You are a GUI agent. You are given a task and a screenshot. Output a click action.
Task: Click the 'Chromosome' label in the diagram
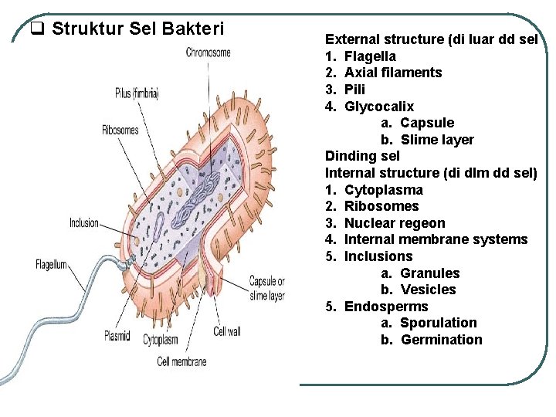pyautogui.click(x=208, y=53)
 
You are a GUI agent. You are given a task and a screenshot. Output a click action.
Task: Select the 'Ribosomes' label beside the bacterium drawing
pyautogui.click(x=120, y=130)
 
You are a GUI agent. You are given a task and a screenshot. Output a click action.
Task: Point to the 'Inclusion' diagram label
pyautogui.click(x=84, y=223)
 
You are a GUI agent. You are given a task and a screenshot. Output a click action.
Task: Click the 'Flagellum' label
pyautogui.click(x=53, y=265)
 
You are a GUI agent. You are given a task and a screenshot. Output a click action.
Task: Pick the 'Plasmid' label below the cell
pyautogui.click(x=117, y=336)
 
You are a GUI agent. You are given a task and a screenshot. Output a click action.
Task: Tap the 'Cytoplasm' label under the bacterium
pyautogui.click(x=160, y=340)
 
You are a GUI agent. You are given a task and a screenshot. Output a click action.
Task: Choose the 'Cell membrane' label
pyautogui.click(x=181, y=361)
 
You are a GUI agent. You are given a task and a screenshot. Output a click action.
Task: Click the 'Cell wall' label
pyautogui.click(x=227, y=331)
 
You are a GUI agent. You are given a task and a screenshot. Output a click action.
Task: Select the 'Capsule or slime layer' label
pyautogui.click(x=266, y=289)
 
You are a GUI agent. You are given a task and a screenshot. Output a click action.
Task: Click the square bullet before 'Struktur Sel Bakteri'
pyautogui.click(x=36, y=29)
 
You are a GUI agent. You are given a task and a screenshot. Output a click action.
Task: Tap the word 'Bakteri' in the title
pyautogui.click(x=193, y=29)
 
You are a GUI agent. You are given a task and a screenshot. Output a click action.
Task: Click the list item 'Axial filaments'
pyautogui.click(x=393, y=73)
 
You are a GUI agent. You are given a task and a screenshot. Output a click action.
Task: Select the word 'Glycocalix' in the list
pyautogui.click(x=378, y=107)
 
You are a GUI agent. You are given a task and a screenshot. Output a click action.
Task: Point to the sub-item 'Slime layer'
pyautogui.click(x=437, y=140)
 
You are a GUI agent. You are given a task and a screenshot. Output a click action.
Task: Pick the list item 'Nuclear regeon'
pyautogui.click(x=395, y=223)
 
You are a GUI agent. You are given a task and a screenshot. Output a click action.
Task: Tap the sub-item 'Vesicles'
pyautogui.click(x=429, y=290)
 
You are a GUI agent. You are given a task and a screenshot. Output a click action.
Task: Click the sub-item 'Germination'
pyautogui.click(x=442, y=340)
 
